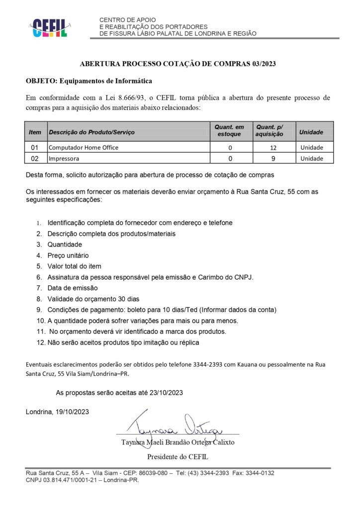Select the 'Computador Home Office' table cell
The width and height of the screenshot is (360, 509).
[x=84, y=148]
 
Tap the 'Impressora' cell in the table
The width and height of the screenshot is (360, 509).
[x=64, y=159]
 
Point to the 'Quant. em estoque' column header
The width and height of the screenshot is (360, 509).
[x=230, y=131]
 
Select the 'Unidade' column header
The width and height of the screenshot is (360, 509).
[x=311, y=132]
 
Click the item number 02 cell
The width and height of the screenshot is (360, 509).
[x=35, y=159]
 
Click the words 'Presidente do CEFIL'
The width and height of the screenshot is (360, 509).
[x=178, y=456]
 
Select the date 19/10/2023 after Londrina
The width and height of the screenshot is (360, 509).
[x=74, y=412]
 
